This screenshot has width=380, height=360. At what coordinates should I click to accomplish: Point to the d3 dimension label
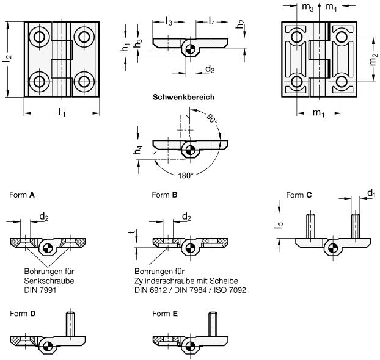point(210,70)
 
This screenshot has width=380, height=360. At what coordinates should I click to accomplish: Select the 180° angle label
point(185,175)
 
